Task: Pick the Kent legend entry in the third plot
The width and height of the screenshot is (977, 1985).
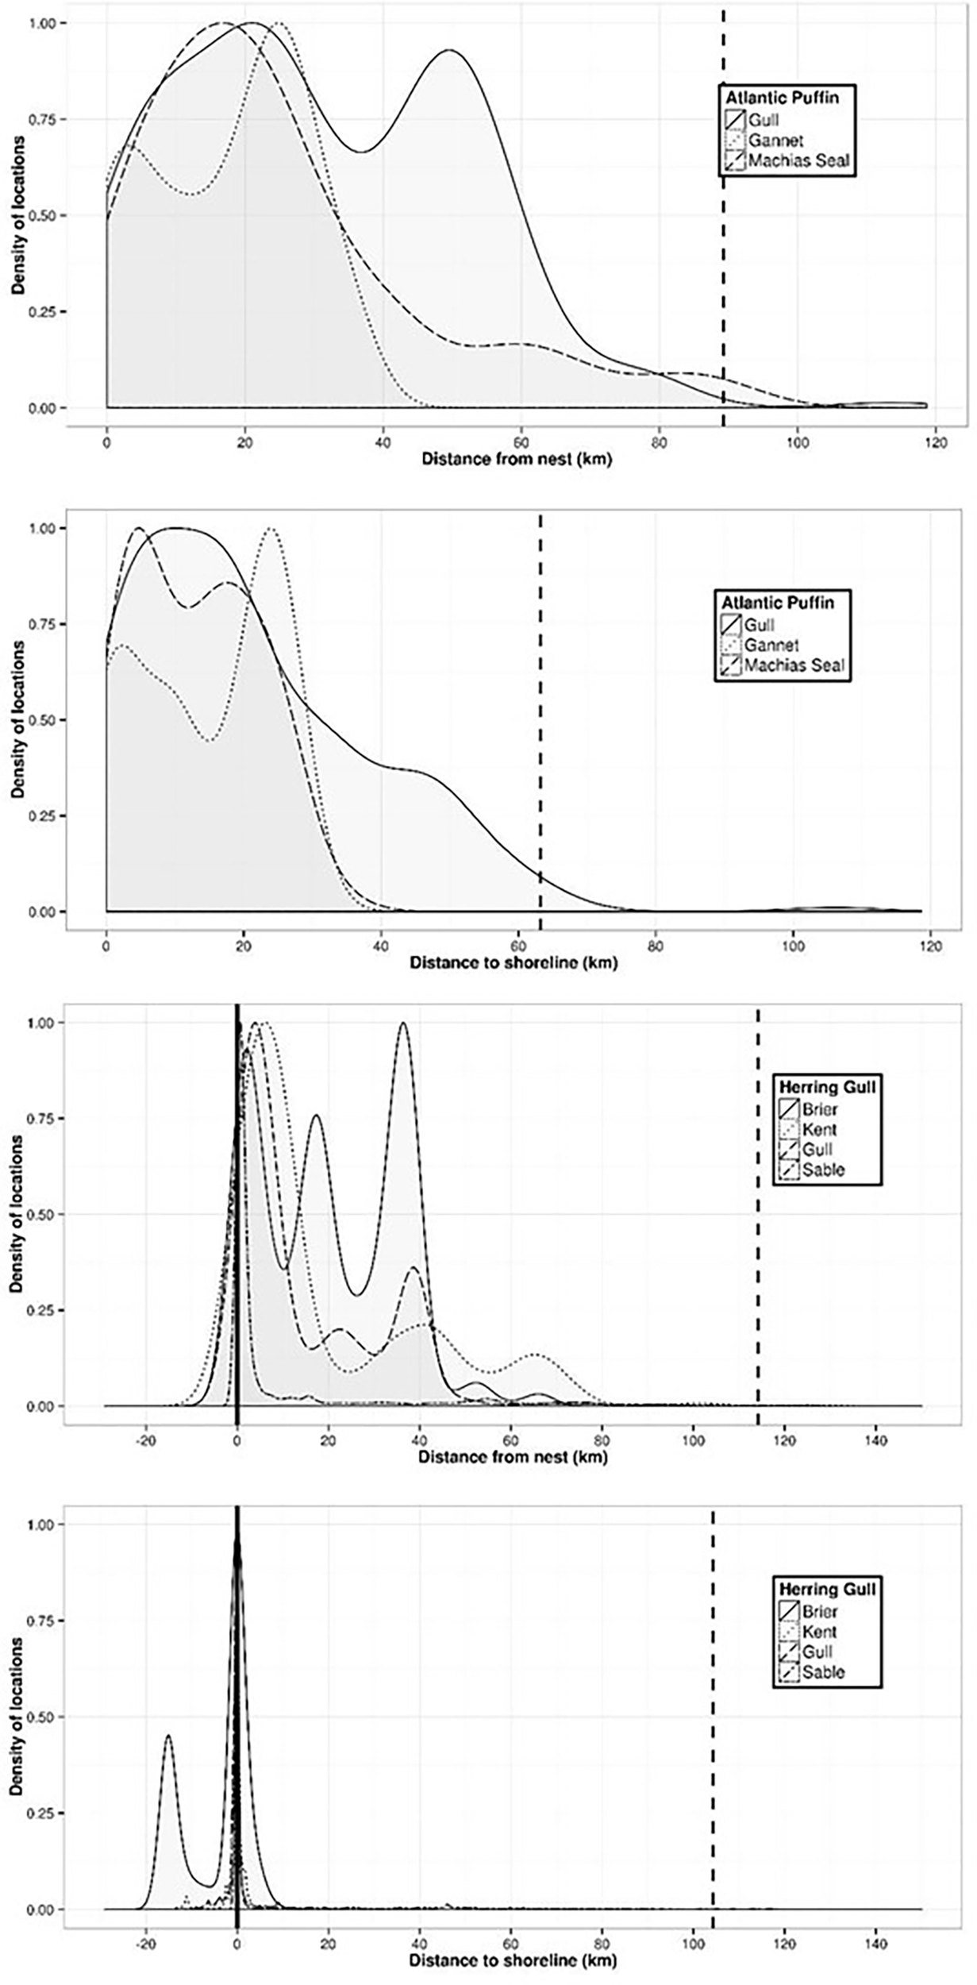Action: [819, 1129]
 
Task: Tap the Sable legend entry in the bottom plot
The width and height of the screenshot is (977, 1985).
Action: [823, 1671]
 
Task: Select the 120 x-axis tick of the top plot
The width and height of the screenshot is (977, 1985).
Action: [935, 441]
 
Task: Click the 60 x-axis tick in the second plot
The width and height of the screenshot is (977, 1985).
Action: [518, 946]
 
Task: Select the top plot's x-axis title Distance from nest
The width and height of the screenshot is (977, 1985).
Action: [516, 459]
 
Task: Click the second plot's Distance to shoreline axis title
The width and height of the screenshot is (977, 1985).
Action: [513, 963]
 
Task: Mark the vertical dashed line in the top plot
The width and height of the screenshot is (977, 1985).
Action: [723, 238]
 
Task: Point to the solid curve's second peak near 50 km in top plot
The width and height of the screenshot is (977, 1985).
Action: [450, 51]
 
